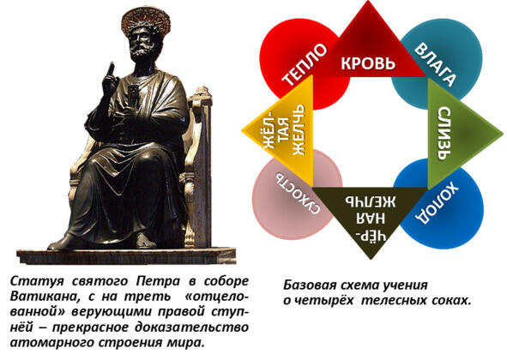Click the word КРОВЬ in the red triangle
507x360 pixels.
coord(368,63)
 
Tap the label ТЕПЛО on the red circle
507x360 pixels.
coord(305,65)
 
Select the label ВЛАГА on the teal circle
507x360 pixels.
coord(436,64)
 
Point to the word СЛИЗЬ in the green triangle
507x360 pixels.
coord(444,134)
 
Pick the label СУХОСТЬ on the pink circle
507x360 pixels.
coord(298,194)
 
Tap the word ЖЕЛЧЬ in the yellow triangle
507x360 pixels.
coord(299,129)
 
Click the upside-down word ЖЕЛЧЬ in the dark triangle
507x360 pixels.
coord(371,201)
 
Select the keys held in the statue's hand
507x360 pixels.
coord(133,96)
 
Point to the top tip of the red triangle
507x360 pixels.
coord(368,1)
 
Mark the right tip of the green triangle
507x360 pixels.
coord(503,133)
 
